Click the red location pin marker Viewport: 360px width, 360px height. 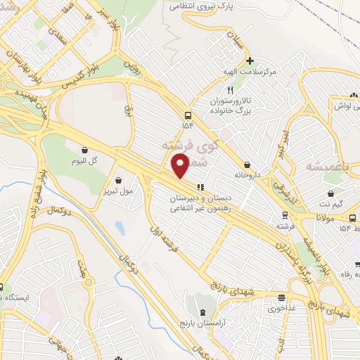[181, 166]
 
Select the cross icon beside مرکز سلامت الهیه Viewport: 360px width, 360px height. [250, 60]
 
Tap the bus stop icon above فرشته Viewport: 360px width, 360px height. [283, 215]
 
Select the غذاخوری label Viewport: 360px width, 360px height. [281, 308]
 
